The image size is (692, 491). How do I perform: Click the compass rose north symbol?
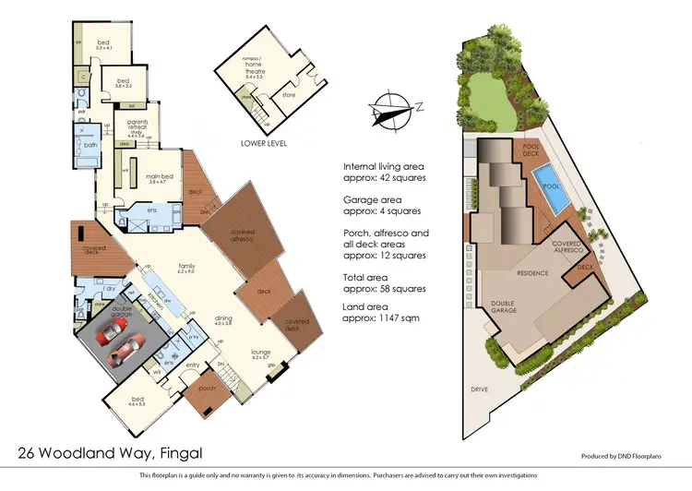(x=394, y=111)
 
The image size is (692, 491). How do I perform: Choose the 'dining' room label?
(x=223, y=319)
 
